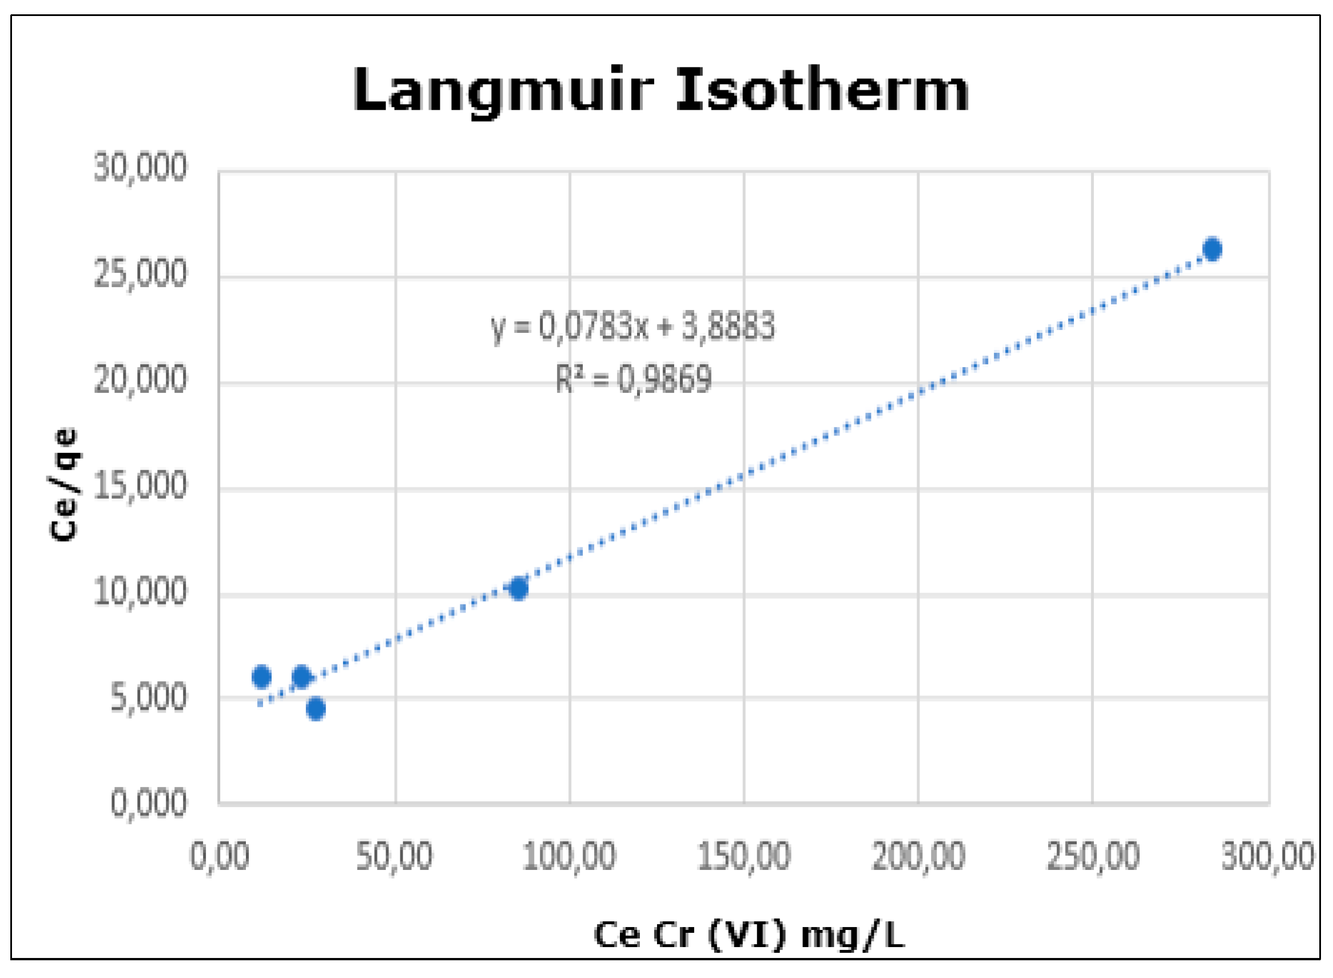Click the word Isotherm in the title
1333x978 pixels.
822,89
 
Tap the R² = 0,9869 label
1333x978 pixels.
634,380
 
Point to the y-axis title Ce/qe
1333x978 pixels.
64,484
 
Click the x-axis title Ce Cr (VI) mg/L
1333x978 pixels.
749,935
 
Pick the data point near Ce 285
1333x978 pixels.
1212,249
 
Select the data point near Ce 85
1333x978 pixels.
519,589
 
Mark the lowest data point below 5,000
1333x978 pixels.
316,709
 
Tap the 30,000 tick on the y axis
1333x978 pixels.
140,168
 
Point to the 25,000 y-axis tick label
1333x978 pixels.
140,273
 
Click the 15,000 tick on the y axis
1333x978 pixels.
140,486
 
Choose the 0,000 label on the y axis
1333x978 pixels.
149,804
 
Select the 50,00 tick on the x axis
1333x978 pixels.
394,856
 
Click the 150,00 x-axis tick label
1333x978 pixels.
744,856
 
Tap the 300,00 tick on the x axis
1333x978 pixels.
1267,856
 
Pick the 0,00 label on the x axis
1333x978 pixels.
220,856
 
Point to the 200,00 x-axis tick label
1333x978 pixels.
918,856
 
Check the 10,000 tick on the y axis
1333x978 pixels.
140,591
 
